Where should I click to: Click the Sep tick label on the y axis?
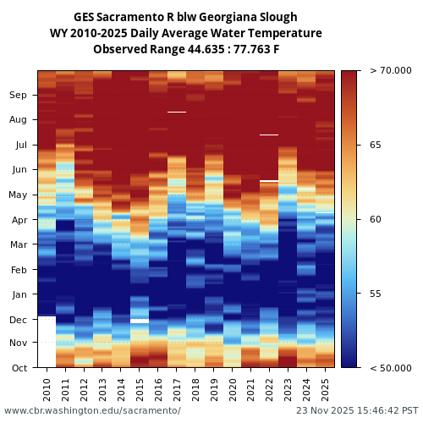click(19, 96)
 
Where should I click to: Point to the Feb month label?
click(19, 270)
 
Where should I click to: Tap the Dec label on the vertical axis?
click(19, 320)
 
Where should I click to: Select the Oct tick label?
click(19, 368)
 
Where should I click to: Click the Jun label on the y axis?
click(19, 170)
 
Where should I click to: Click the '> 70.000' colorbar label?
click(391, 70)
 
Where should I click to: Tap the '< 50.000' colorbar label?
click(391, 368)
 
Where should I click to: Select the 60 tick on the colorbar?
click(375, 219)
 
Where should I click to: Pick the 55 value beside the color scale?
click(375, 294)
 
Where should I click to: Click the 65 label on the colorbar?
click(375, 145)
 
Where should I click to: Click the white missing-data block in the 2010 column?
click(47, 341)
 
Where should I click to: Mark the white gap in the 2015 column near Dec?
click(140, 321)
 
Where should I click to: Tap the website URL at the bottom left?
click(92, 410)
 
